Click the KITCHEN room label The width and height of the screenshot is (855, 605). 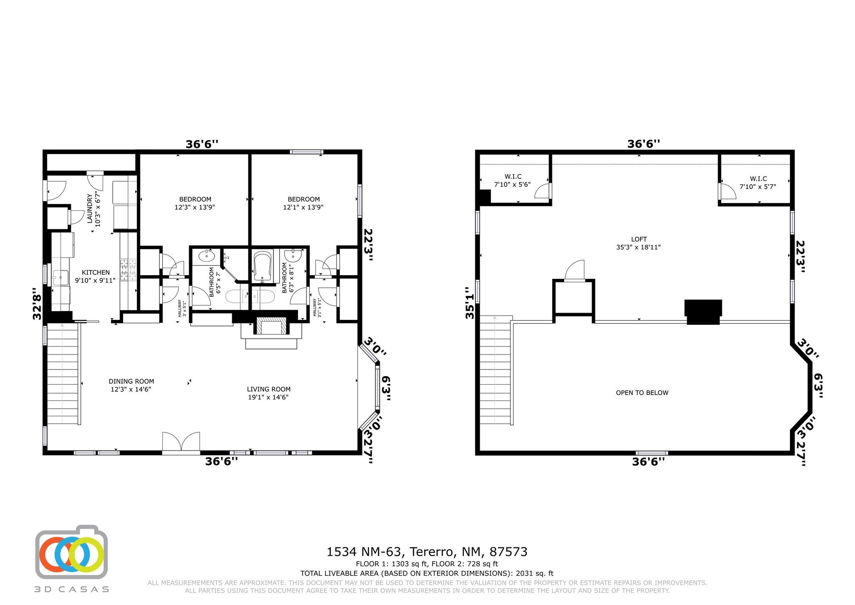(96, 272)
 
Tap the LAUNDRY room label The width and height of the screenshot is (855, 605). (89, 208)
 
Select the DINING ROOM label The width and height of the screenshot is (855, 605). (131, 381)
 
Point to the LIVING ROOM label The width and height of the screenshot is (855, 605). (268, 389)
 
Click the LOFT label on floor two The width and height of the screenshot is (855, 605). (639, 239)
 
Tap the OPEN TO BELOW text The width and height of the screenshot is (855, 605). (642, 392)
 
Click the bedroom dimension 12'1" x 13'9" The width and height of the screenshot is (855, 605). (304, 207)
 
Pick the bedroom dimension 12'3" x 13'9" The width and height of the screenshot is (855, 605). (195, 207)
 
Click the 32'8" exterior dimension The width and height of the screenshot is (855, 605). (38, 304)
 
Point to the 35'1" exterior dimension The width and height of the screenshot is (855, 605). (471, 303)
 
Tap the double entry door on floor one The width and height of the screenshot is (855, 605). (181, 443)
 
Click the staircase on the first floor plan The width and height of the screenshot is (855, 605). (63, 374)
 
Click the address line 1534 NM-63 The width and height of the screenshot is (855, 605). (365, 552)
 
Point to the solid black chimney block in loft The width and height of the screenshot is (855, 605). (703, 311)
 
